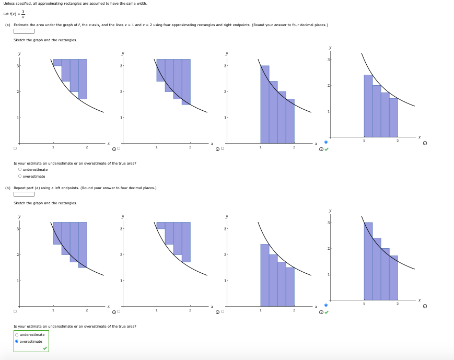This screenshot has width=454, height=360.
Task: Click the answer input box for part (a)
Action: coord(24,31)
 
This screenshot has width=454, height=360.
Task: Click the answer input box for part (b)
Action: coord(24,194)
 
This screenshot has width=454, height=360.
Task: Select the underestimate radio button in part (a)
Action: coord(20,169)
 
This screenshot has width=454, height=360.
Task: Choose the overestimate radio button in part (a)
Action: coord(20,176)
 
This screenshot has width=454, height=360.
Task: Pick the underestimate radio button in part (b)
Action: coord(17,334)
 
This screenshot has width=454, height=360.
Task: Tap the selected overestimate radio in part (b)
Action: coord(17,341)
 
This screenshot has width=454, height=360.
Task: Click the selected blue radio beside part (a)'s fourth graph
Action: coord(326,142)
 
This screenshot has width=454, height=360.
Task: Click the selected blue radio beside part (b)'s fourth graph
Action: coord(326,305)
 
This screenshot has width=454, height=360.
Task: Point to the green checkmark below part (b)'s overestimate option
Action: coord(45,348)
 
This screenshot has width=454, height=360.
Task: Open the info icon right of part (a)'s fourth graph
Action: coord(424,143)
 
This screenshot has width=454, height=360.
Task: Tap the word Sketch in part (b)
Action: coord(19,203)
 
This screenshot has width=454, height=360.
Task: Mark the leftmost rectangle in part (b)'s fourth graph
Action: coord(368,261)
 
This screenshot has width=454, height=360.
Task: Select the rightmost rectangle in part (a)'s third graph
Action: coord(290,121)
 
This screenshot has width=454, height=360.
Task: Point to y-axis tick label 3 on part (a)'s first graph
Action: coord(17,65)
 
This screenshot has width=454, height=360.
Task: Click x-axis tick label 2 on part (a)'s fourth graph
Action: coord(398,141)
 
